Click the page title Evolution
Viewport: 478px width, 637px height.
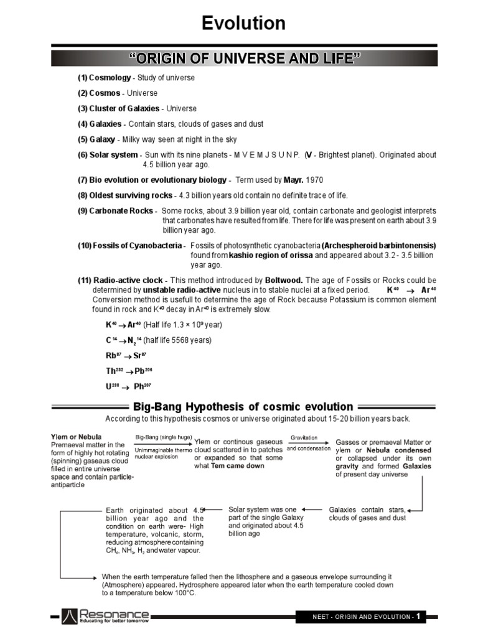pos(244,24)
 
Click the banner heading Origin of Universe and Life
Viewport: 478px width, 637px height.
pos(244,59)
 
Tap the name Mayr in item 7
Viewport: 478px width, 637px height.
pos(293,180)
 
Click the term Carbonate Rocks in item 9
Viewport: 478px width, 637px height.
pos(117,211)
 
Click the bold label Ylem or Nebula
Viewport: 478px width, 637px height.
pos(76,436)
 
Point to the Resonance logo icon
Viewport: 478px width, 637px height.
pos(70,616)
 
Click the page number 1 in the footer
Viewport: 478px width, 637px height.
pos(419,616)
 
